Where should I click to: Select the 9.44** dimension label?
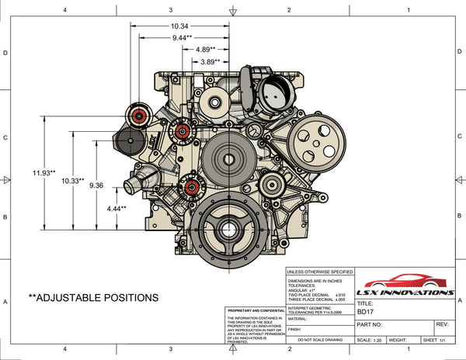click(x=183, y=37)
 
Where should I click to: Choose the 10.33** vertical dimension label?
click(x=73, y=180)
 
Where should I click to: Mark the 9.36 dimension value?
click(x=96, y=186)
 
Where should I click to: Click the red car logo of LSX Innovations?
click(x=405, y=284)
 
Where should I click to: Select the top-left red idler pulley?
click(x=141, y=116)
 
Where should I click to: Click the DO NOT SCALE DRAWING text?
click(x=315, y=340)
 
